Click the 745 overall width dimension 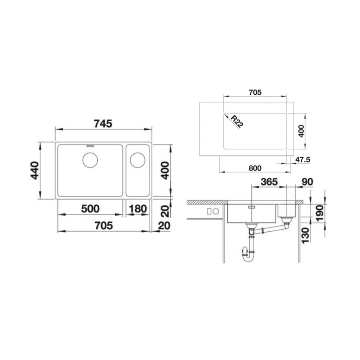coord(103,124)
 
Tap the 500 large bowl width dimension coord(90,208)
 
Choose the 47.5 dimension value coord(303,160)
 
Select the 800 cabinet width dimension coord(255,168)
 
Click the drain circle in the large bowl coord(90,160)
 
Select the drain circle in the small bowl coord(137,160)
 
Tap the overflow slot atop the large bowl coord(90,144)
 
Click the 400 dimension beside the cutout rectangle coord(301,131)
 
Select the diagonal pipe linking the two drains coord(271,229)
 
